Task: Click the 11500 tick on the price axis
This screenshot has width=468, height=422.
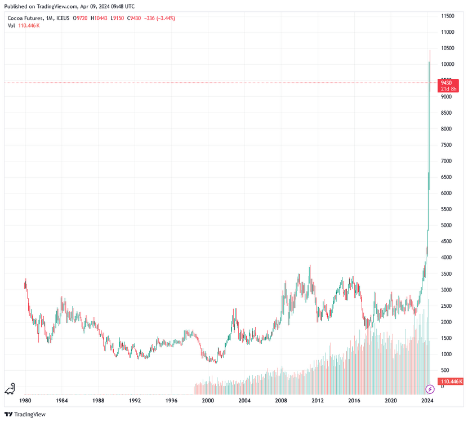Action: point(448,16)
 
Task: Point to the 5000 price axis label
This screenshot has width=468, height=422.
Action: point(447,226)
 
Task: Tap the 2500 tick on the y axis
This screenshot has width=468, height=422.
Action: point(447,306)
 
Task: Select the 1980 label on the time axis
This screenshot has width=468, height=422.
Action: point(25,401)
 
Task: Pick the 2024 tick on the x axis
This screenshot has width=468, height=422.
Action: point(427,401)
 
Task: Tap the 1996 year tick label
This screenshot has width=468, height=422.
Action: point(171,401)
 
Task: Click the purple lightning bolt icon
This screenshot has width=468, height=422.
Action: point(430,389)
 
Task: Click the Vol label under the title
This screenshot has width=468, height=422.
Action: point(11,26)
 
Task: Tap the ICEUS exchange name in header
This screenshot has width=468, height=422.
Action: point(63,18)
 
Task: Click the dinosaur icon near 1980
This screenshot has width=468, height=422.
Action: point(11,389)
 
